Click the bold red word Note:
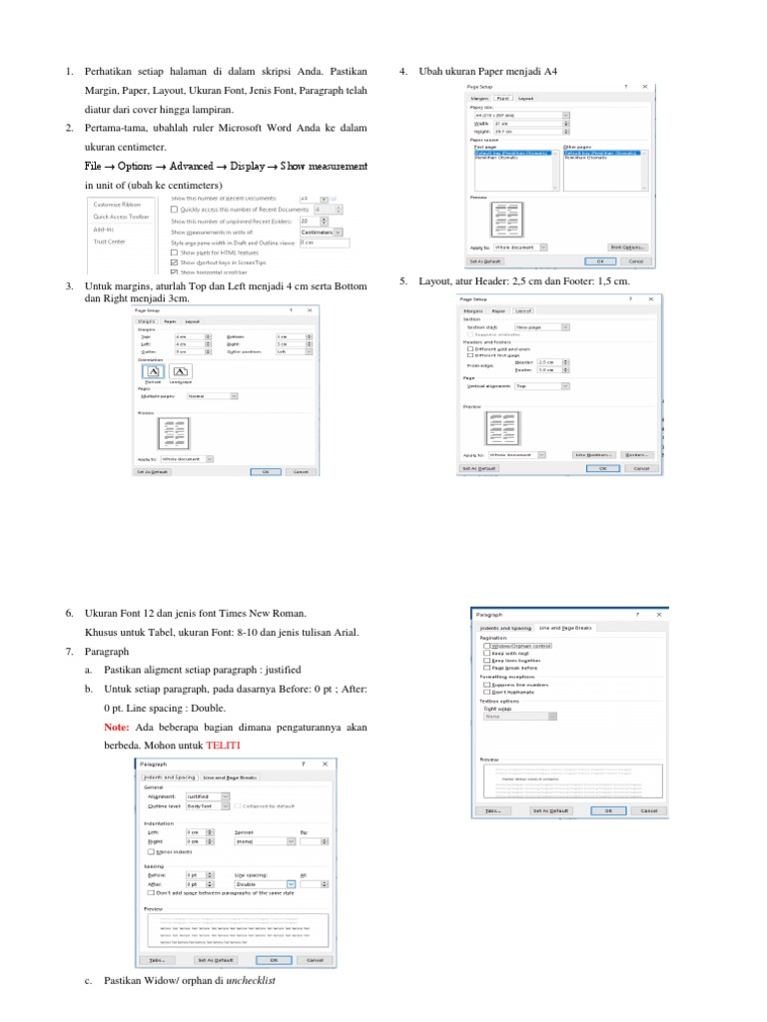[x=117, y=728]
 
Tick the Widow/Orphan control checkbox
[x=485, y=646]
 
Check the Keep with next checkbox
[x=485, y=653]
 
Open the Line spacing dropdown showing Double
[x=265, y=884]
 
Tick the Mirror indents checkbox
[x=151, y=851]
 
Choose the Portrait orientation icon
[x=153, y=371]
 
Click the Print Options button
[x=627, y=247]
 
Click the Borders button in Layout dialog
[x=635, y=454]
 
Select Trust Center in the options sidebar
[x=109, y=241]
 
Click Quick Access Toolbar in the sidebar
[x=121, y=216]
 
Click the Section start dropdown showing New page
[x=542, y=326]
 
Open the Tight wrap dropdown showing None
[x=519, y=716]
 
